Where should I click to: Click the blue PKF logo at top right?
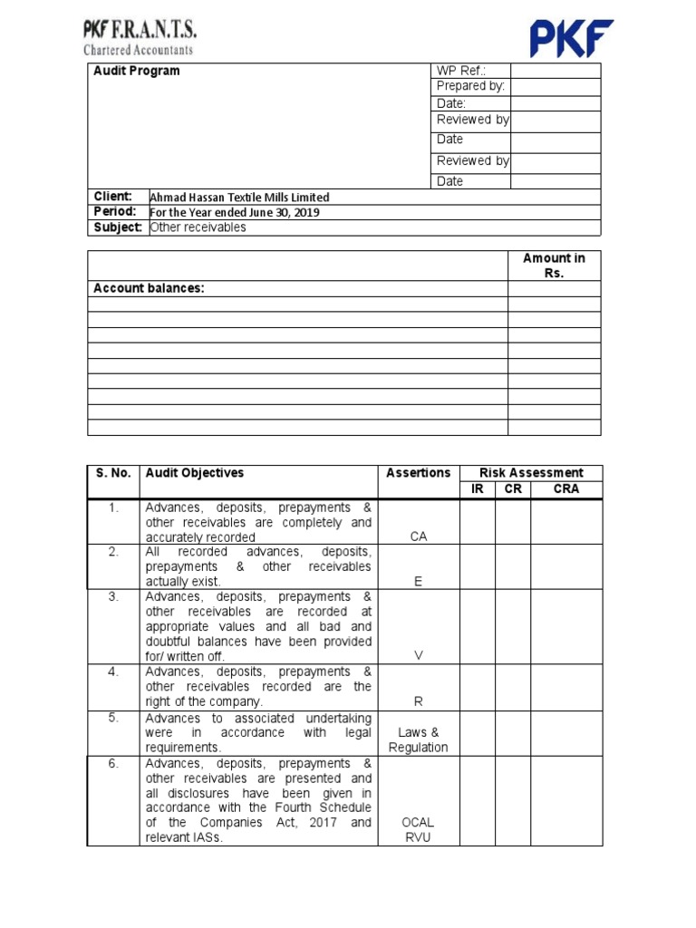pyautogui.click(x=571, y=38)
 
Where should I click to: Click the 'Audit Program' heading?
pyautogui.click(x=137, y=72)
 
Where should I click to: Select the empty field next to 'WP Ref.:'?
pyautogui.click(x=555, y=72)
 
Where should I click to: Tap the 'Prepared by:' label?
pyautogui.click(x=470, y=87)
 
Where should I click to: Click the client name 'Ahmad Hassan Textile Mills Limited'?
pyautogui.click(x=239, y=198)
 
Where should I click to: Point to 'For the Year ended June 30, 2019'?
pyautogui.click(x=235, y=213)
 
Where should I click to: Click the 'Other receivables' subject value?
pyautogui.click(x=198, y=227)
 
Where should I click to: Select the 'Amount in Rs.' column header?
pyautogui.click(x=554, y=266)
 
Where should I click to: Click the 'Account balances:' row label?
pyautogui.click(x=149, y=288)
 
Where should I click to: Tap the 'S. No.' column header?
pyautogui.click(x=113, y=473)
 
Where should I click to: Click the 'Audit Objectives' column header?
pyautogui.click(x=194, y=473)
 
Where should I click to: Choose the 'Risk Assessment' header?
pyautogui.click(x=531, y=473)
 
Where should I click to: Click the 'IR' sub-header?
pyautogui.click(x=478, y=489)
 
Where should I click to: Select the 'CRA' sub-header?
pyautogui.click(x=565, y=489)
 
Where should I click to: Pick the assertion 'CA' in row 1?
pyautogui.click(x=418, y=536)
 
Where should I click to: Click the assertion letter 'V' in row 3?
pyautogui.click(x=418, y=656)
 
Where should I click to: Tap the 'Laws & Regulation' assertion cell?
pyautogui.click(x=418, y=739)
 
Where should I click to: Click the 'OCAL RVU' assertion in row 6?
pyautogui.click(x=418, y=830)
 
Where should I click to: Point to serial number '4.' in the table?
pyautogui.click(x=113, y=672)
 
